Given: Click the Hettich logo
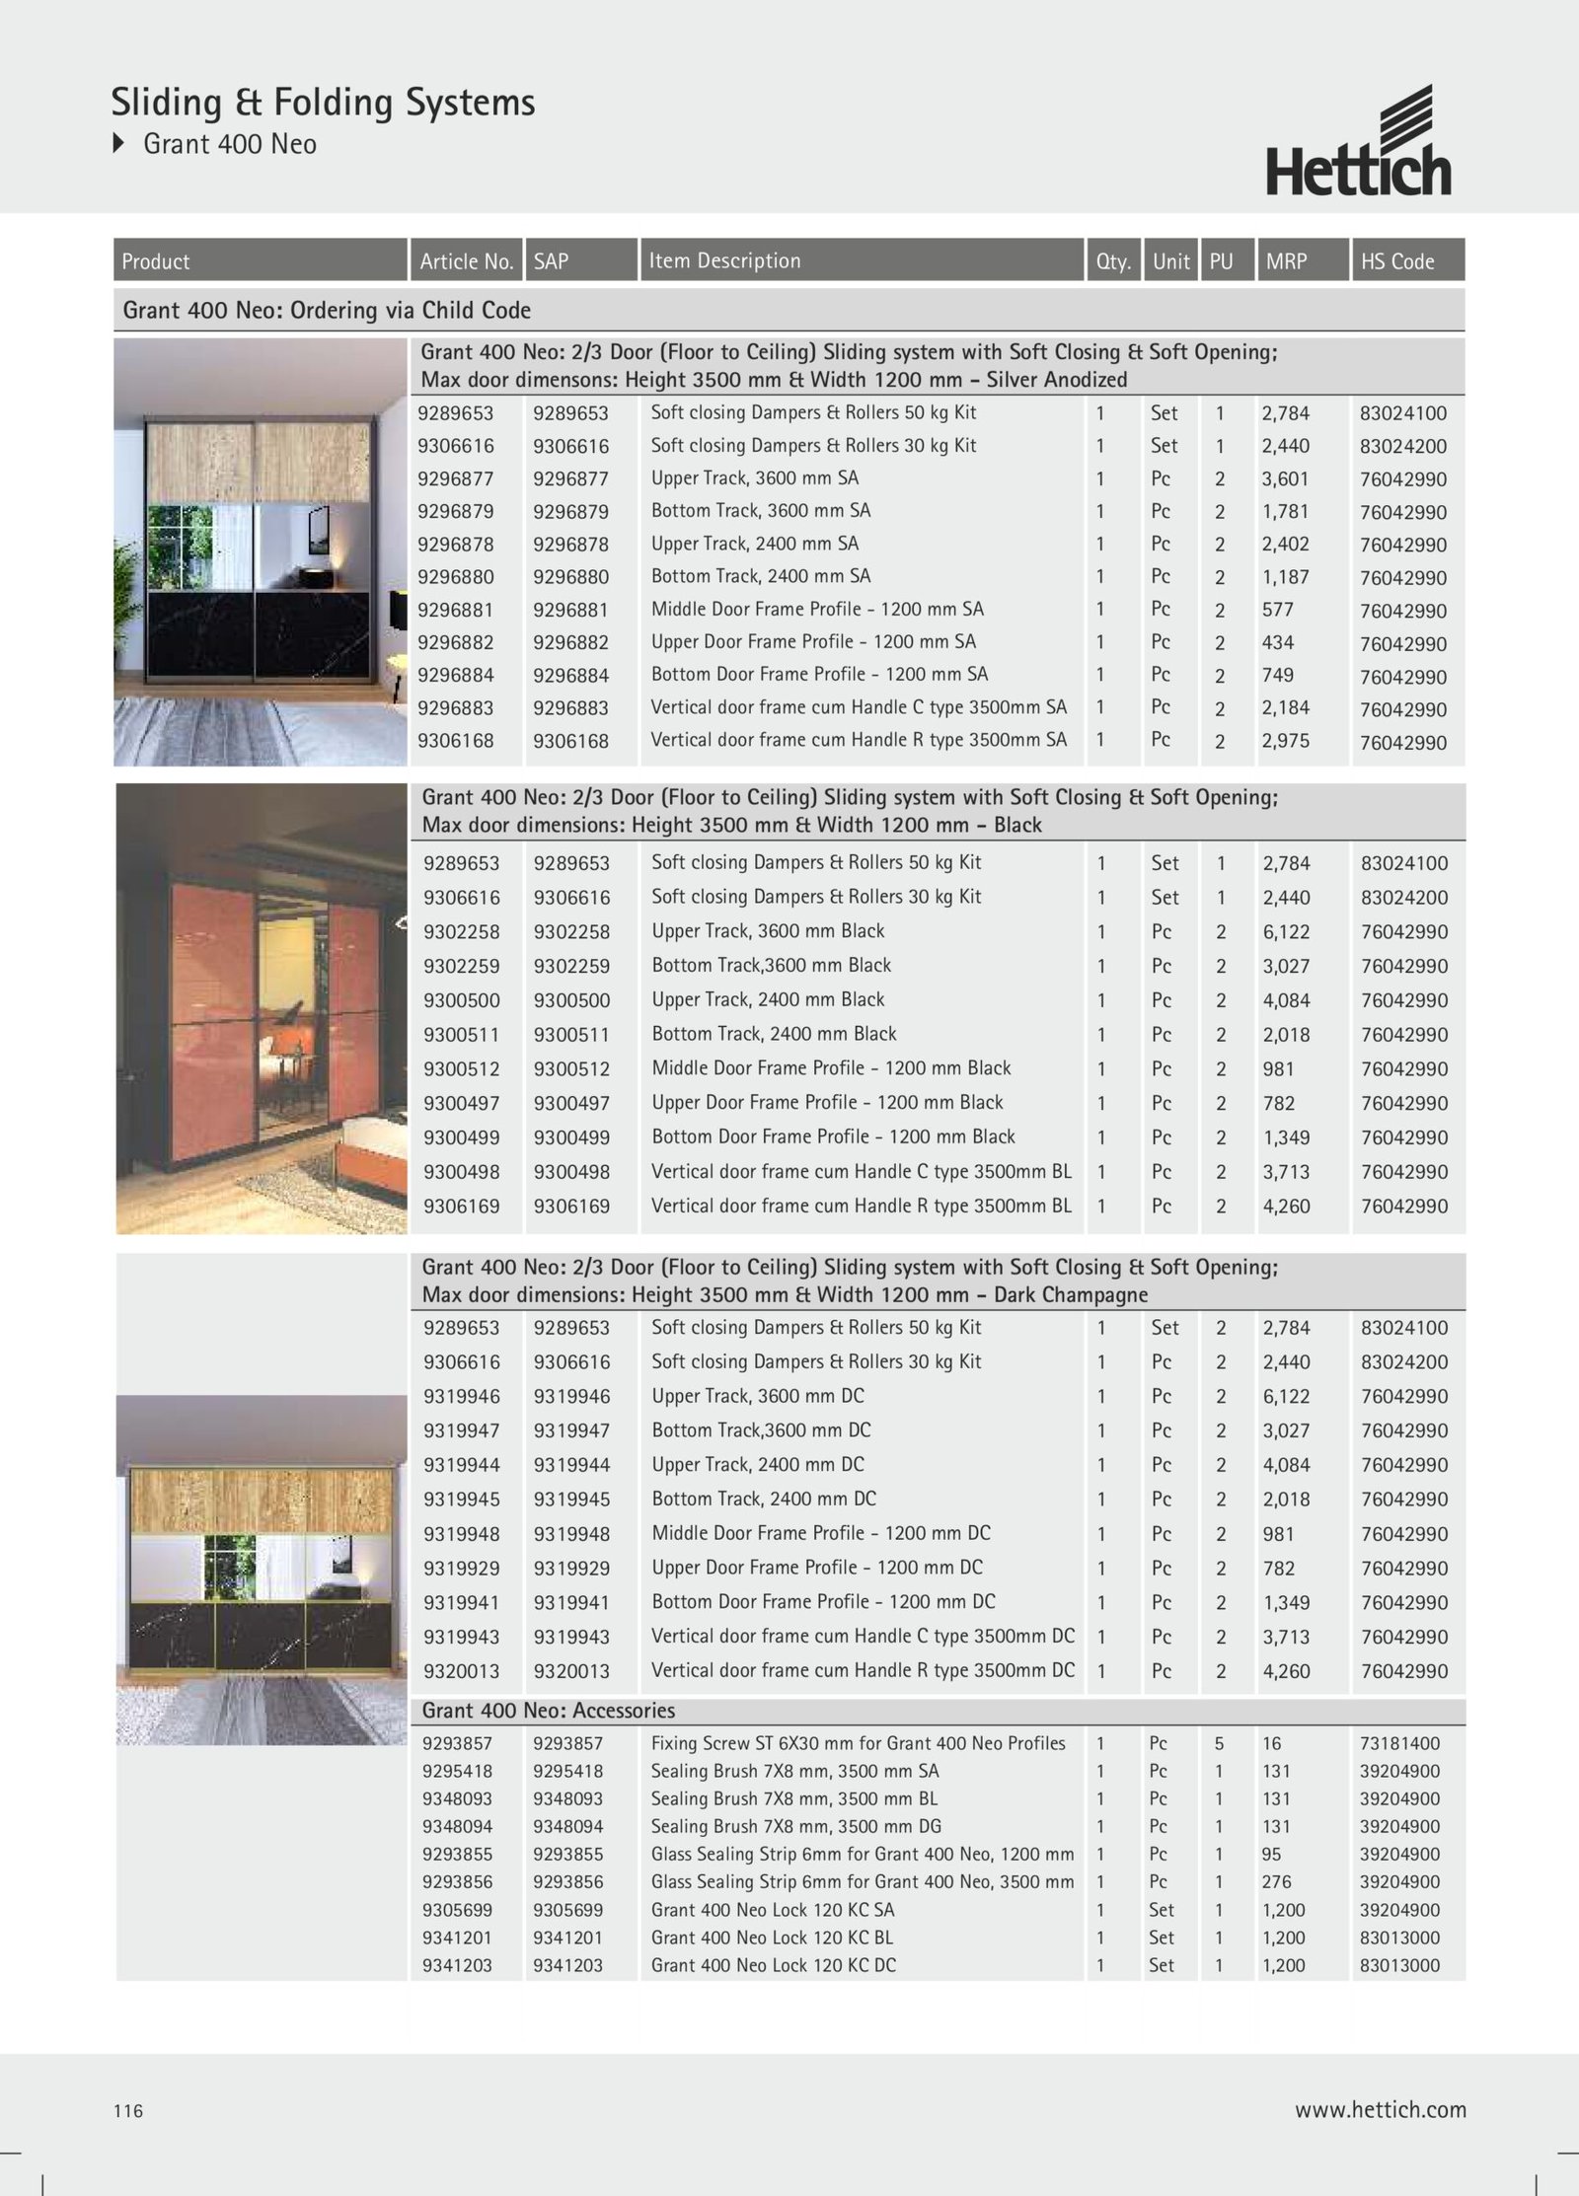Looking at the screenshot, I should coord(1358,141).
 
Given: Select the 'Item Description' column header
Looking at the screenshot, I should coord(724,260).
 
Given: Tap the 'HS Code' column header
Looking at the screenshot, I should coord(1397,261).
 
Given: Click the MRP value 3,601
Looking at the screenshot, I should coord(1285,478).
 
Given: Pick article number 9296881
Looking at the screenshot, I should coord(455,610).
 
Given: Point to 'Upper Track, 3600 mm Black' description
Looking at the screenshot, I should coord(768,930).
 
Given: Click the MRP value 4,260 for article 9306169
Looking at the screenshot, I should coord(1286,1206).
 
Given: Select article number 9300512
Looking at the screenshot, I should coord(461,1068).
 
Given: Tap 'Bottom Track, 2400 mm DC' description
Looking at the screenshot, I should coord(764,1499).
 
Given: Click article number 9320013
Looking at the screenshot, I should coord(461,1671).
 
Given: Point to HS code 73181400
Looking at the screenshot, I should coord(1399,1743).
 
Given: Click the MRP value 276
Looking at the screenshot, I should coord(1276,1881).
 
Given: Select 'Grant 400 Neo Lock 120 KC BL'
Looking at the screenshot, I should coord(772,1937).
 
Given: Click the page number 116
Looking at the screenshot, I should coord(128,2110).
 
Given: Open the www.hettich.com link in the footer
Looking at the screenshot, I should coord(1380,2109).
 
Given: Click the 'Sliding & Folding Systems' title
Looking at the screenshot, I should coord(323,103).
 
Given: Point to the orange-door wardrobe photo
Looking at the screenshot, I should coord(262,1008).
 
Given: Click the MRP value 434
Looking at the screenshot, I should coord(1277,642).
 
